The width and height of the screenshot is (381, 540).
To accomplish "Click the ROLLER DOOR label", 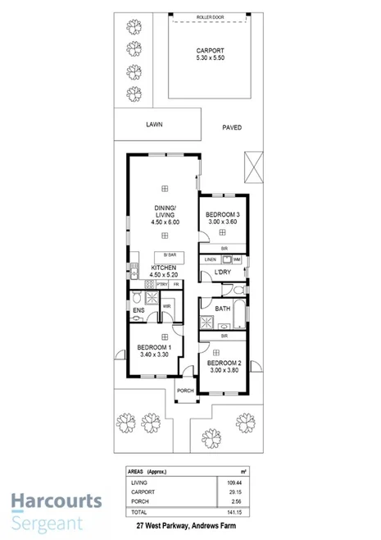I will coord(211,16).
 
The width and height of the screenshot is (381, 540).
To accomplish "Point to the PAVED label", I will coord(232,127).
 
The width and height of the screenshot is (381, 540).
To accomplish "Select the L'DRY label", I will coord(223,272).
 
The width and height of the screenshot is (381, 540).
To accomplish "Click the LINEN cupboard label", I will coord(211,259).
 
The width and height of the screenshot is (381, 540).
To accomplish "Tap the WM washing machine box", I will coord(236,259).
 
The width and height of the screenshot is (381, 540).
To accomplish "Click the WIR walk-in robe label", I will coord(166,306).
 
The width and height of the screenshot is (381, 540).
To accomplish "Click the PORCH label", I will coord(186,391).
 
